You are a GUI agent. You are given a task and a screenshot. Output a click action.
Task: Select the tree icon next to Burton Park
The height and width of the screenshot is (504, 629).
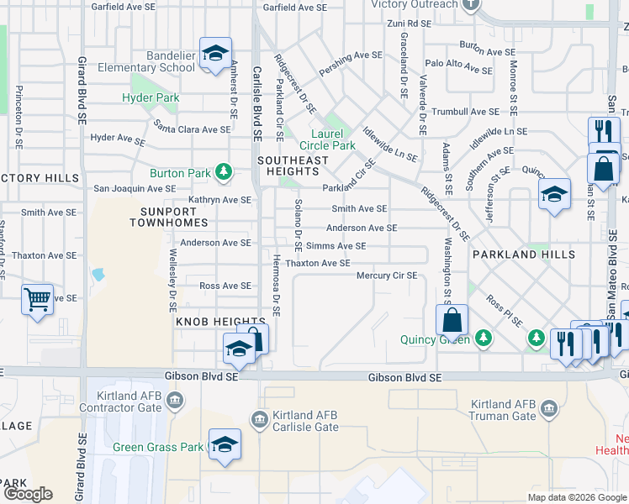tap(223, 173)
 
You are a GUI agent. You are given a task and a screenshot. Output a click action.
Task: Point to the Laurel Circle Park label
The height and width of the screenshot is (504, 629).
tap(333, 139)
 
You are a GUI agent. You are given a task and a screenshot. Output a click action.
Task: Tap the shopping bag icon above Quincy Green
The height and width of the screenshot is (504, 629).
tap(452, 320)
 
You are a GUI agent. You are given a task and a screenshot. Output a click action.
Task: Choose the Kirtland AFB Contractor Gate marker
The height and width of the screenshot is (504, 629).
tap(174, 401)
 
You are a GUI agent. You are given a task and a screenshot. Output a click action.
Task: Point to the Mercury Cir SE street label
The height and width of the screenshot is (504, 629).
tap(387, 276)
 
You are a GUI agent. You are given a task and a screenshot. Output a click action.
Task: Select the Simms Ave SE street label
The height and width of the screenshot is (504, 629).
tap(336, 246)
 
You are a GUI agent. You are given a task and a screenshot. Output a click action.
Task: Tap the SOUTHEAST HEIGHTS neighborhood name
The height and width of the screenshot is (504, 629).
tap(293, 165)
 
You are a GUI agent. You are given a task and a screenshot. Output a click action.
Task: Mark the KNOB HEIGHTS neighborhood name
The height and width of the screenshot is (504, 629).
tap(209, 322)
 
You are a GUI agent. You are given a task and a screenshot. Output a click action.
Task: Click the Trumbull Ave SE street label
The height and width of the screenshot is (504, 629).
tap(466, 111)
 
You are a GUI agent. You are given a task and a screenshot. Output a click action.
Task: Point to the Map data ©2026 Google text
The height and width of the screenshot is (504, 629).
tap(576, 497)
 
